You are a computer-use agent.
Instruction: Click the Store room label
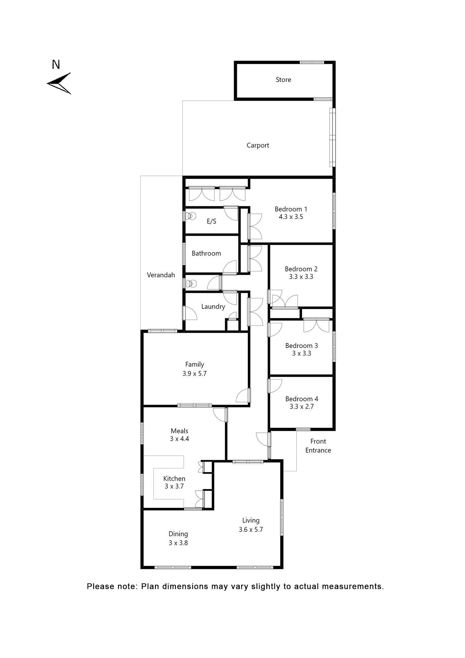tap(283, 80)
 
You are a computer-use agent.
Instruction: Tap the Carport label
tap(257, 145)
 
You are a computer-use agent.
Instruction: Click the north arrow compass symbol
tap(60, 83)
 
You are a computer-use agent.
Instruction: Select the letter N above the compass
tap(56, 64)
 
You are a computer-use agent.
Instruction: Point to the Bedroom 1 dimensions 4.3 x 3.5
tap(291, 217)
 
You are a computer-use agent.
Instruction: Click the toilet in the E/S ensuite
tap(191, 216)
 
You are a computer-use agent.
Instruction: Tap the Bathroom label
tap(206, 253)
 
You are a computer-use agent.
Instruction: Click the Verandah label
tap(161, 275)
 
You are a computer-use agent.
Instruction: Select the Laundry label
tap(213, 306)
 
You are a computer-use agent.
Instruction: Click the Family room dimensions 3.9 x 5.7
tap(194, 374)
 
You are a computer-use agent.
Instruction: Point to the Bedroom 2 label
tap(301, 269)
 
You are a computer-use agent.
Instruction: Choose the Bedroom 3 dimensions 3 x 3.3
tap(301, 353)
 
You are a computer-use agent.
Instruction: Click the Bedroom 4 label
tap(301, 399)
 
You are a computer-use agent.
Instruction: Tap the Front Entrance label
tap(318, 446)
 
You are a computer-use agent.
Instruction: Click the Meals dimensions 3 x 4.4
tap(179, 439)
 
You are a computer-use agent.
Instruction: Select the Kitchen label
tap(174, 478)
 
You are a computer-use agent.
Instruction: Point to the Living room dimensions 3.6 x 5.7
tap(251, 529)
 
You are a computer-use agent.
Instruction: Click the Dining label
tap(178, 534)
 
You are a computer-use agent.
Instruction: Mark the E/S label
tap(211, 221)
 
